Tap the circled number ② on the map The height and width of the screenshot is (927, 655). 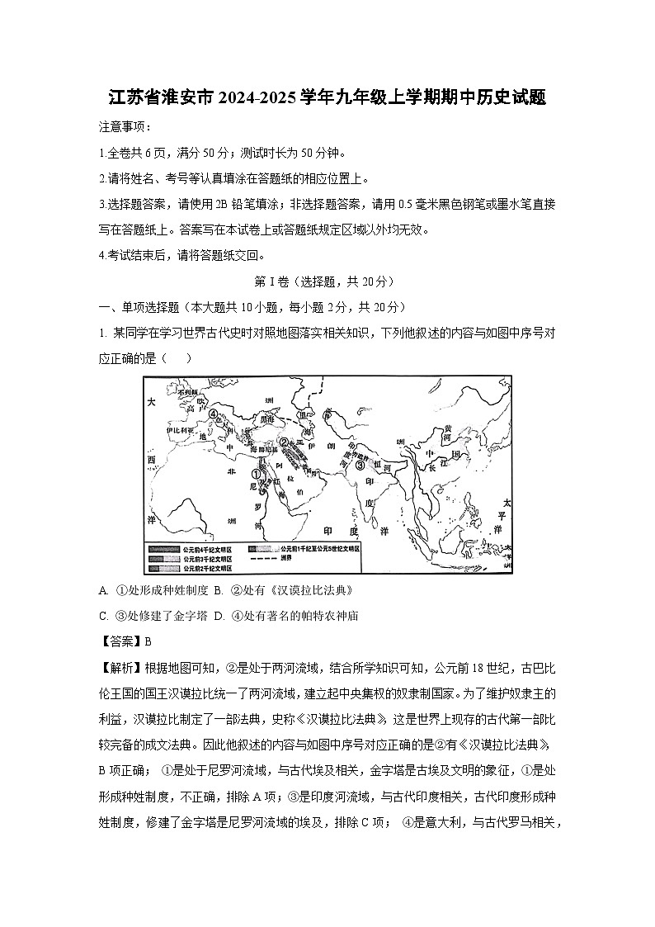pos(283,442)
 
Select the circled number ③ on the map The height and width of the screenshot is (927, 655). pos(360,465)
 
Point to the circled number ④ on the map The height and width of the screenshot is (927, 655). pos(213,414)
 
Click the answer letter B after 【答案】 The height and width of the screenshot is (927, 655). pos(148,641)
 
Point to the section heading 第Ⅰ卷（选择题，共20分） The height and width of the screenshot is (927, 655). pos(327,281)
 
